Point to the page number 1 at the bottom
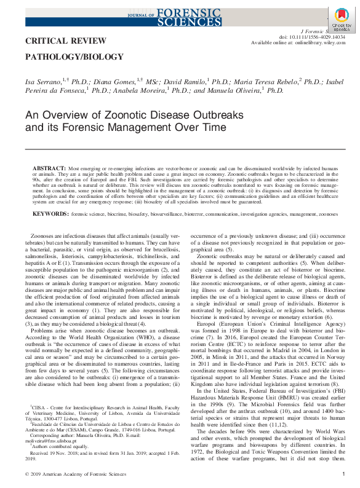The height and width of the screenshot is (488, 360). coord(343,474)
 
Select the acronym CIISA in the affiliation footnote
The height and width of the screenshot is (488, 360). coord(38,407)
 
